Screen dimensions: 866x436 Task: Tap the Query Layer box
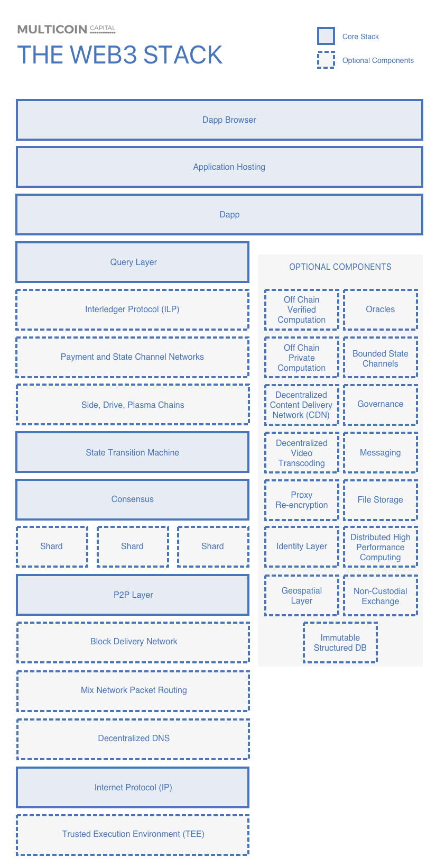(x=133, y=262)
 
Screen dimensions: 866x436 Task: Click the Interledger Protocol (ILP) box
(x=133, y=309)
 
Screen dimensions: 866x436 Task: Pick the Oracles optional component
(x=381, y=309)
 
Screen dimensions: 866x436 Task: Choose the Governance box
(x=381, y=404)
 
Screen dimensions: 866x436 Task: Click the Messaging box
(x=381, y=453)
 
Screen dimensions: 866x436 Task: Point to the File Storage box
(x=381, y=500)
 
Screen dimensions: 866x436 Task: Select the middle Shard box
(x=132, y=546)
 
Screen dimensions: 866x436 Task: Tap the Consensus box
(x=133, y=499)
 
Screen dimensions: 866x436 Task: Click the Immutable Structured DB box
(x=340, y=643)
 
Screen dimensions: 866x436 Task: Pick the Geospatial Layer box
(x=302, y=596)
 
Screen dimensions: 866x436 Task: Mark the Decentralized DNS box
(x=133, y=739)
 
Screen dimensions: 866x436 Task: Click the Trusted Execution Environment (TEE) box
(x=133, y=834)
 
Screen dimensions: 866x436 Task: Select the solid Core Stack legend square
(x=326, y=37)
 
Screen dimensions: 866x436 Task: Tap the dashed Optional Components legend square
(x=326, y=60)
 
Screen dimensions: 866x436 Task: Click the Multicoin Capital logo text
(x=67, y=29)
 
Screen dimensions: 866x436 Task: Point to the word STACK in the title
(x=183, y=55)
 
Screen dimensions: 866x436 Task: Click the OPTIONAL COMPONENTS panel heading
(x=340, y=267)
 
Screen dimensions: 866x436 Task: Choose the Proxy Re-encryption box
(x=302, y=500)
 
